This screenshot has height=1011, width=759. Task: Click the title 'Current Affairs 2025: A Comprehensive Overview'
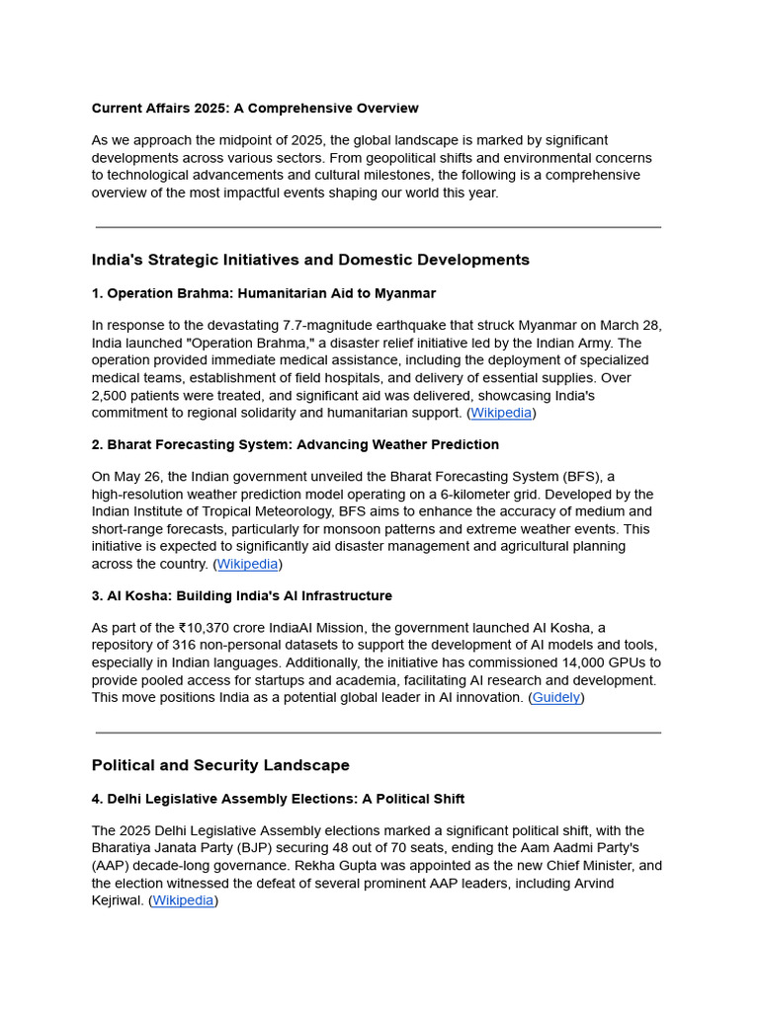pos(255,109)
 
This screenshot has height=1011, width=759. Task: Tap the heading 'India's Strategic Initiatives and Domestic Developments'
pos(310,260)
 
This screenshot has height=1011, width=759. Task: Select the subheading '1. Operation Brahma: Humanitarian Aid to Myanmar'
pos(264,293)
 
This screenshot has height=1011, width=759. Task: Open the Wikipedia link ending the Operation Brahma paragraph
pos(501,413)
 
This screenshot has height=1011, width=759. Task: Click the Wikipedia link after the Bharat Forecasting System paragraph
pos(247,564)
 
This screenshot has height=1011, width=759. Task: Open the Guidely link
pos(556,697)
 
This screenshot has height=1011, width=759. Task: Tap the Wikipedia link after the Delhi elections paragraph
pos(183,900)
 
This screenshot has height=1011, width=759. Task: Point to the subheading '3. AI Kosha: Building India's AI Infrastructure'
pos(242,596)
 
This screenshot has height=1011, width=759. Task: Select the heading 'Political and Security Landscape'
pos(220,765)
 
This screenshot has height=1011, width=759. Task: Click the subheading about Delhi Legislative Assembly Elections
pos(278,799)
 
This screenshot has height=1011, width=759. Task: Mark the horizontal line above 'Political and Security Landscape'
pos(379,733)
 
